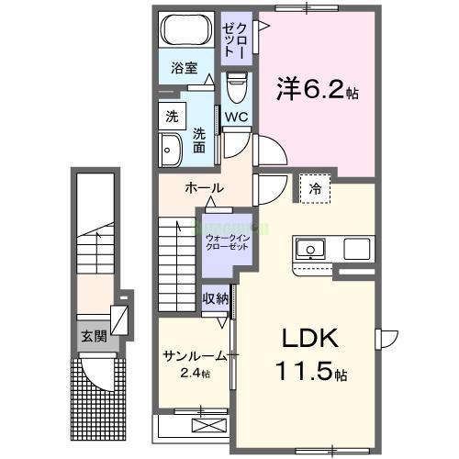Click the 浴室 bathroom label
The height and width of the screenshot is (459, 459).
[x=185, y=67]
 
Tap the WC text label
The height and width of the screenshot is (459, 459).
[x=236, y=117]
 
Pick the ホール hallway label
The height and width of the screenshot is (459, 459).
[x=203, y=188]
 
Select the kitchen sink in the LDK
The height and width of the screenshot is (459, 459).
[x=309, y=248]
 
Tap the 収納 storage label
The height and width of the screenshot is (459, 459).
[x=216, y=298]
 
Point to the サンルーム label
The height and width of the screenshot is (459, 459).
[x=194, y=356]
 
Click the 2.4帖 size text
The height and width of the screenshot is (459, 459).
[x=195, y=374]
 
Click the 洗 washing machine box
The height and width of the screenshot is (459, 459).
[x=172, y=117]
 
